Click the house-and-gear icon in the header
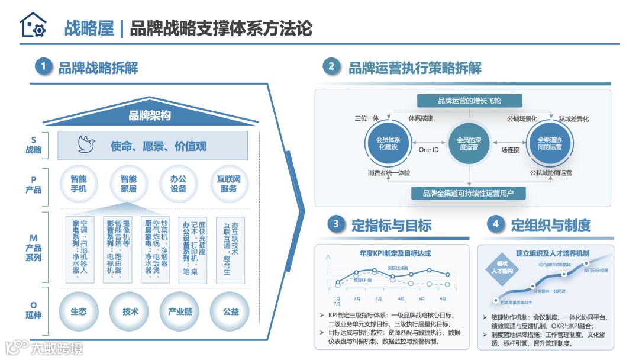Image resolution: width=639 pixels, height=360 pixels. coord(33,25)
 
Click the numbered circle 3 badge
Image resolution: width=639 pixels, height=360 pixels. coord(336,224)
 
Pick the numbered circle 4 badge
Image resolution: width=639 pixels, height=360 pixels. coord(495,224)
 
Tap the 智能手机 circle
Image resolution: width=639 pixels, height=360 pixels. coord(79,184)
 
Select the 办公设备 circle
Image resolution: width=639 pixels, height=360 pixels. coord(178,184)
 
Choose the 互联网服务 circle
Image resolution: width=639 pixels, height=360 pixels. coord(228,184)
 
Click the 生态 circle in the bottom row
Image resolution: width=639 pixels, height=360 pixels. coord(79,311)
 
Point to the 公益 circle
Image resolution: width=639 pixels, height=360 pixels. coord(231,311)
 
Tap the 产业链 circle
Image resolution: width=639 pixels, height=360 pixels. coord(180,311)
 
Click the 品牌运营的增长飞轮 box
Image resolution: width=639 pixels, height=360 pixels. coord(469,101)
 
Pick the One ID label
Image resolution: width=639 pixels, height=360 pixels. coord(428,150)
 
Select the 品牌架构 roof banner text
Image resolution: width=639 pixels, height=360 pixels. coord(150,115)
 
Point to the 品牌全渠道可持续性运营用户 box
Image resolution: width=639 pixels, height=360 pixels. coord(468,193)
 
